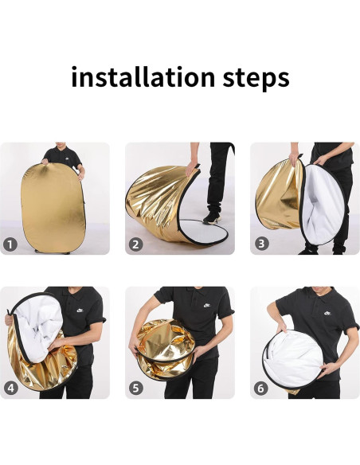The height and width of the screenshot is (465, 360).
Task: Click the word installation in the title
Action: point(139,77)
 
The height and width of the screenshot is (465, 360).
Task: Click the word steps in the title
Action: point(250,79)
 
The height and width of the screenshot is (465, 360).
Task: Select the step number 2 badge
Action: point(136,244)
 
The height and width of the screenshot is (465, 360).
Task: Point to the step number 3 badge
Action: point(261,244)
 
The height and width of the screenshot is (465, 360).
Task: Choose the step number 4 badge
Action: point(11,388)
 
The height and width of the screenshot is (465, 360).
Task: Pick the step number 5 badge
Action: point(136,388)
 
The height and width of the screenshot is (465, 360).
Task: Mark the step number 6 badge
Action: point(261,388)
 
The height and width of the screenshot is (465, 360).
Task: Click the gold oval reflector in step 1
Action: point(54,204)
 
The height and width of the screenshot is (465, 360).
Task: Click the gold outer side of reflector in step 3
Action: point(275,195)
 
